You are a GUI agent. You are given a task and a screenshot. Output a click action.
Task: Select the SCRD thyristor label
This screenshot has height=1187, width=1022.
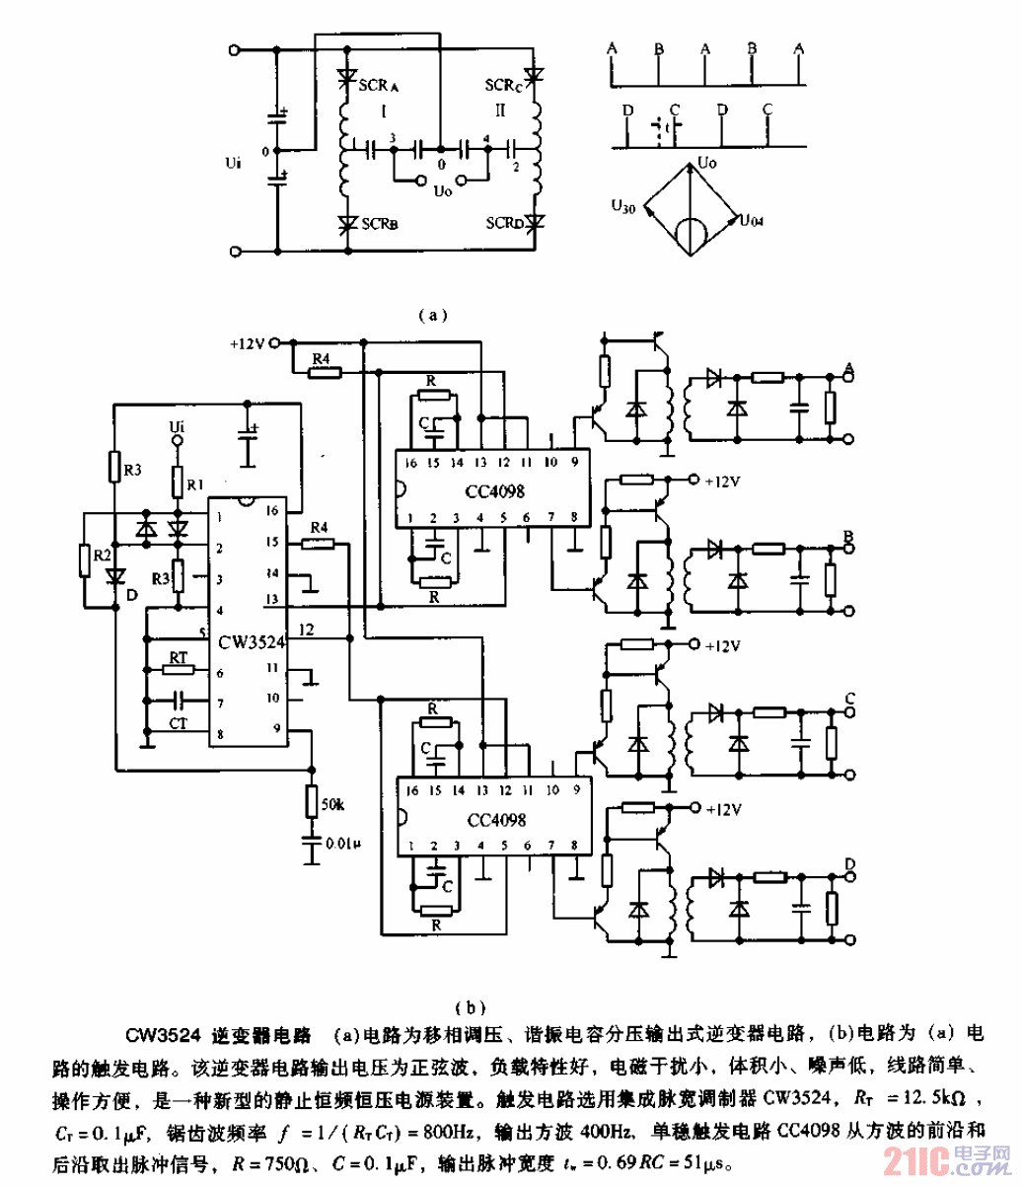(504, 224)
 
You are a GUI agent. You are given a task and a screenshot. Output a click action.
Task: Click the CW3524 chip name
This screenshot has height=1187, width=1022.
(247, 642)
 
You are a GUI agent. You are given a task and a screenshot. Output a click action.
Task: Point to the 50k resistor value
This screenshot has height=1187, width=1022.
(335, 806)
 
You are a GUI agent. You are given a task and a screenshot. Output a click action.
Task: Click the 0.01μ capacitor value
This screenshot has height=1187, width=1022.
(342, 845)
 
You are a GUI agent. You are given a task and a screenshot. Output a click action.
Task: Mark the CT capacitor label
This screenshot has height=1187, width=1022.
(178, 724)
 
